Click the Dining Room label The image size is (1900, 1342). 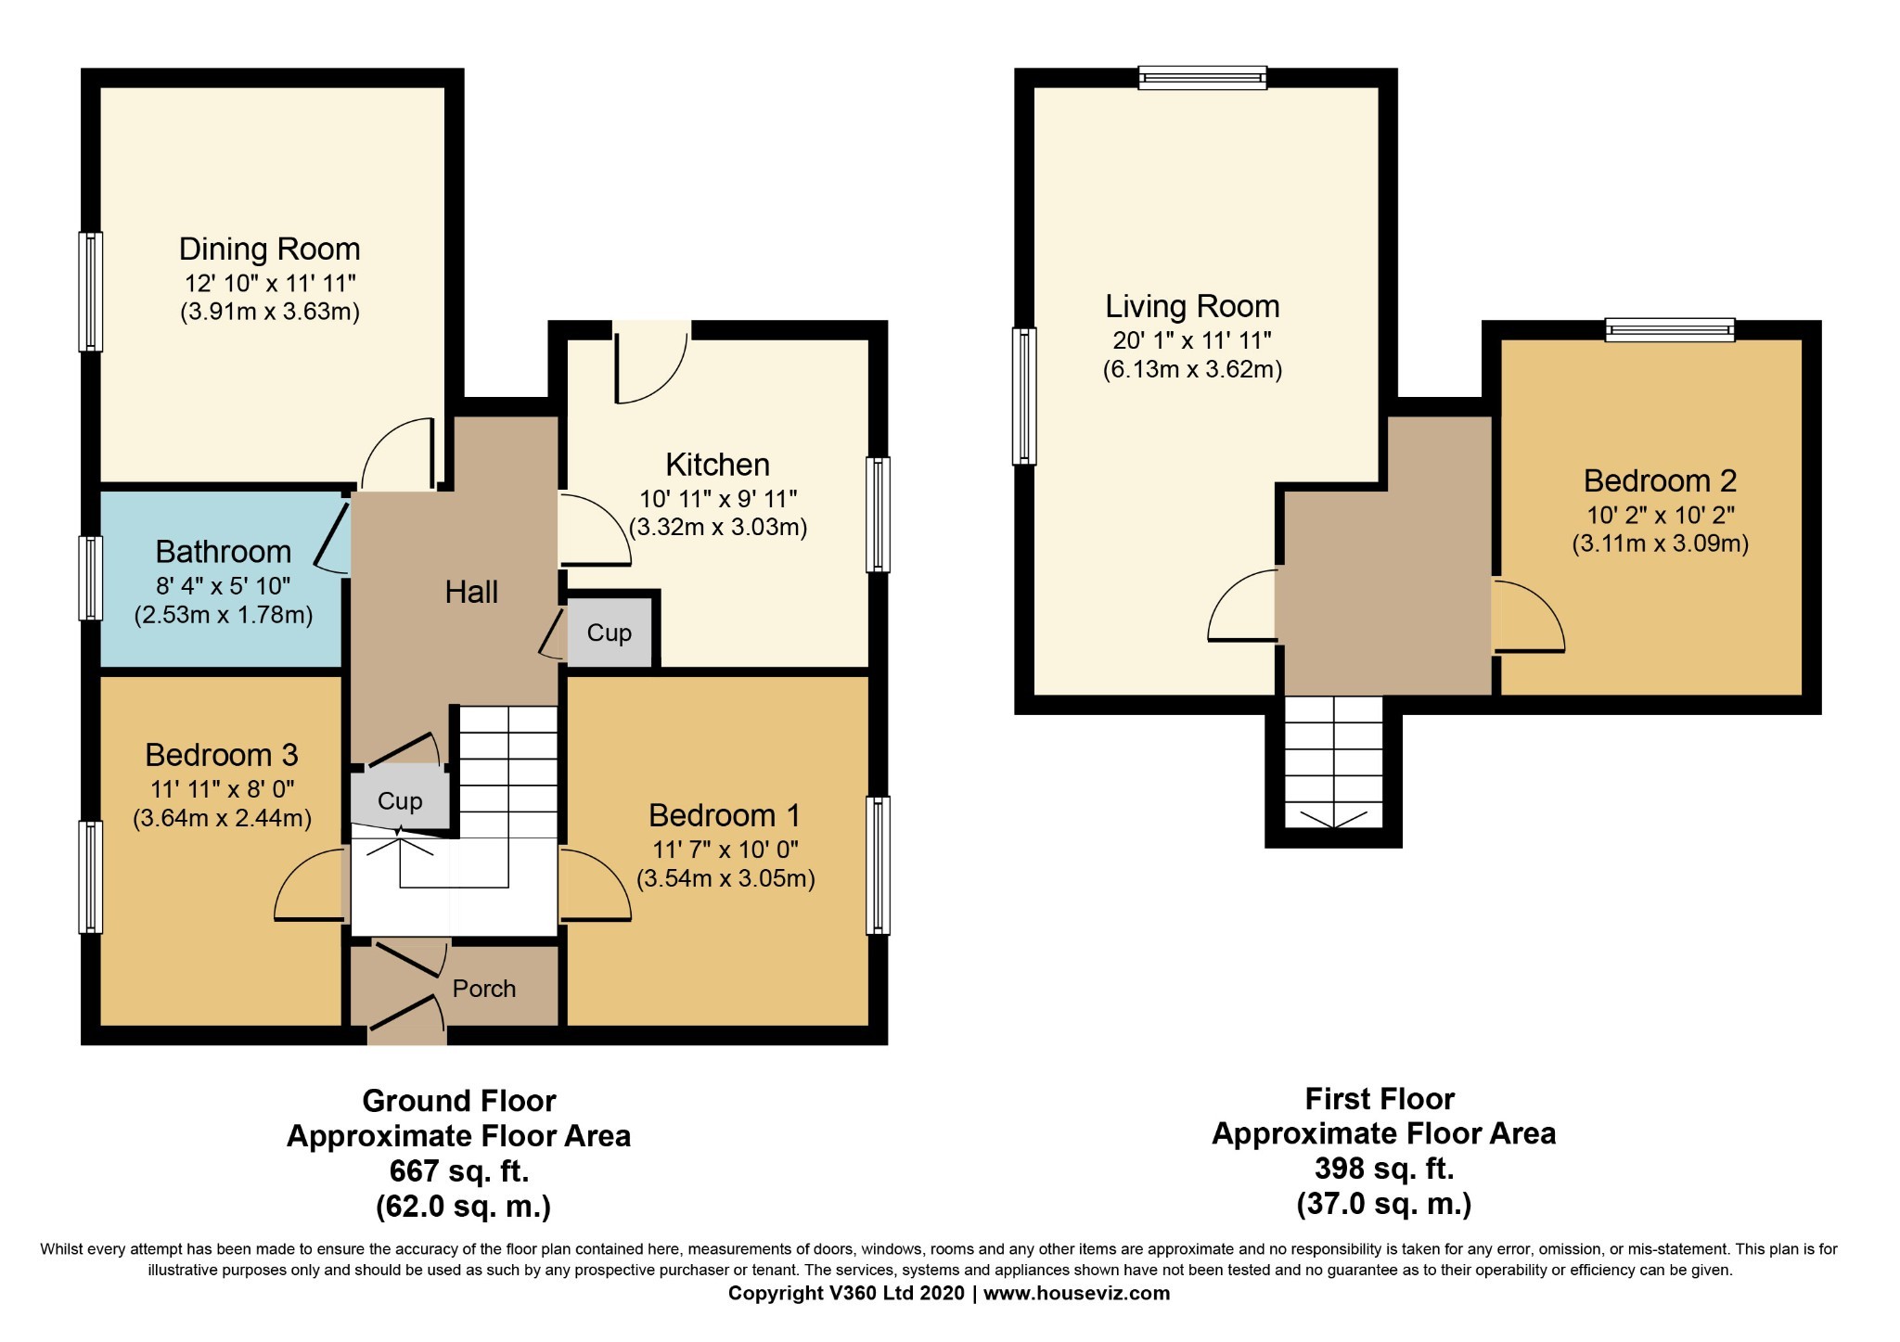(x=269, y=249)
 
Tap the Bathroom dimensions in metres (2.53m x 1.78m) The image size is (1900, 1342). (x=224, y=614)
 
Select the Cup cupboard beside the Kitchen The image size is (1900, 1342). (x=610, y=633)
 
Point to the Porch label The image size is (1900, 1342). (x=483, y=989)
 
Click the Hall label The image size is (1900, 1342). (x=471, y=592)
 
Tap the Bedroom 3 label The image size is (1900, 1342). (x=222, y=755)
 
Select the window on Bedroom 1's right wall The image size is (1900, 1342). (x=878, y=864)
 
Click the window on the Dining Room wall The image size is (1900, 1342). (x=90, y=291)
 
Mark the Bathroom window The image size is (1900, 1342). (x=90, y=578)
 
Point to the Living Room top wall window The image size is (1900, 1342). (x=1202, y=78)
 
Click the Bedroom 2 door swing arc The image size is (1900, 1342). (x=1529, y=617)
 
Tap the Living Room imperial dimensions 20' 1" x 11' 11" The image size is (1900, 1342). (x=1192, y=339)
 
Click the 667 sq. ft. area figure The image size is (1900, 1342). (x=459, y=1171)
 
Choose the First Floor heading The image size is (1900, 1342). (x=1380, y=1099)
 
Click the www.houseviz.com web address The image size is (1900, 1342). (x=1077, y=1293)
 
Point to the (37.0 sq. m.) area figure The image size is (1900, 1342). (x=1384, y=1204)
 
